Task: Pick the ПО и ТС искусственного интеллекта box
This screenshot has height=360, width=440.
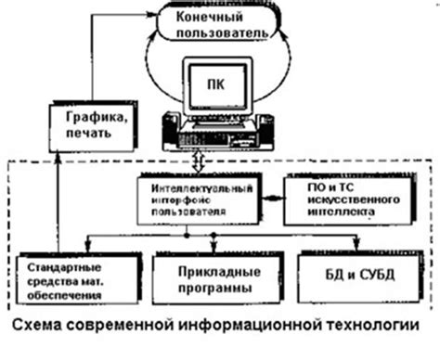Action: point(337,199)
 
